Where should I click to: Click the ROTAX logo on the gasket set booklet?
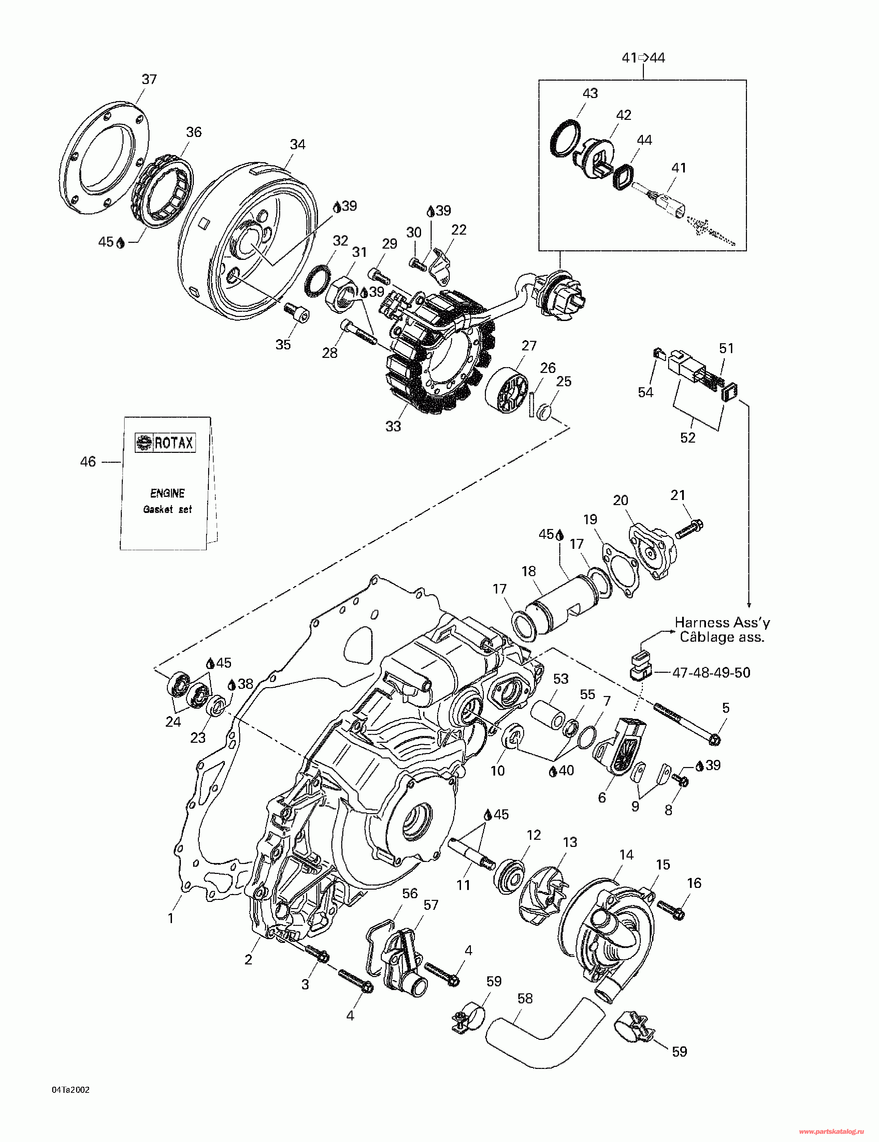click(165, 443)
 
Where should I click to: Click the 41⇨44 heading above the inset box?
click(643, 57)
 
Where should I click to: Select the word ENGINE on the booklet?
click(167, 493)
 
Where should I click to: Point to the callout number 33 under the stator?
click(393, 426)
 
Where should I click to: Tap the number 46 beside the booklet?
click(88, 462)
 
